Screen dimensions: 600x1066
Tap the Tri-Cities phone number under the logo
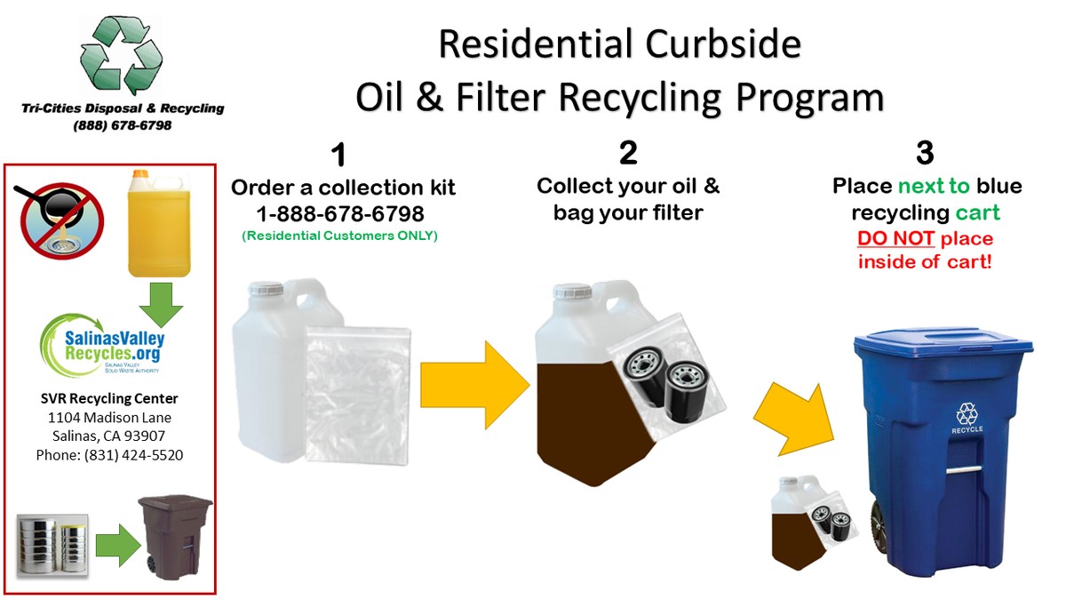tap(123, 125)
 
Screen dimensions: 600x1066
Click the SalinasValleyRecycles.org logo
tap(102, 346)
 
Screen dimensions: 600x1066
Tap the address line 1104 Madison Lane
tap(109, 417)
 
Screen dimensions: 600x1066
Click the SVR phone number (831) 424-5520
tap(109, 454)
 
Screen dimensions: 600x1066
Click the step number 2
tap(628, 153)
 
